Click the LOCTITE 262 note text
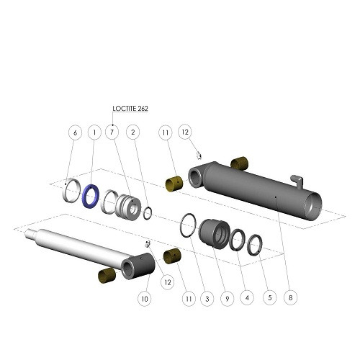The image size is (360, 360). (130, 109)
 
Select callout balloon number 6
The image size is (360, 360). (75, 132)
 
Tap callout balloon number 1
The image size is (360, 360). (94, 132)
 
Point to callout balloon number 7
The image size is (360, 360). (112, 132)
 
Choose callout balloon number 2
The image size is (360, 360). (133, 132)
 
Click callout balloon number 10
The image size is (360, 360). (145, 299)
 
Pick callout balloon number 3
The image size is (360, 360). (207, 299)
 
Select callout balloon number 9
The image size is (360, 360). (227, 299)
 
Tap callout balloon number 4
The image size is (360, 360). (247, 298)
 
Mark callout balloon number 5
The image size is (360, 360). (269, 298)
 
